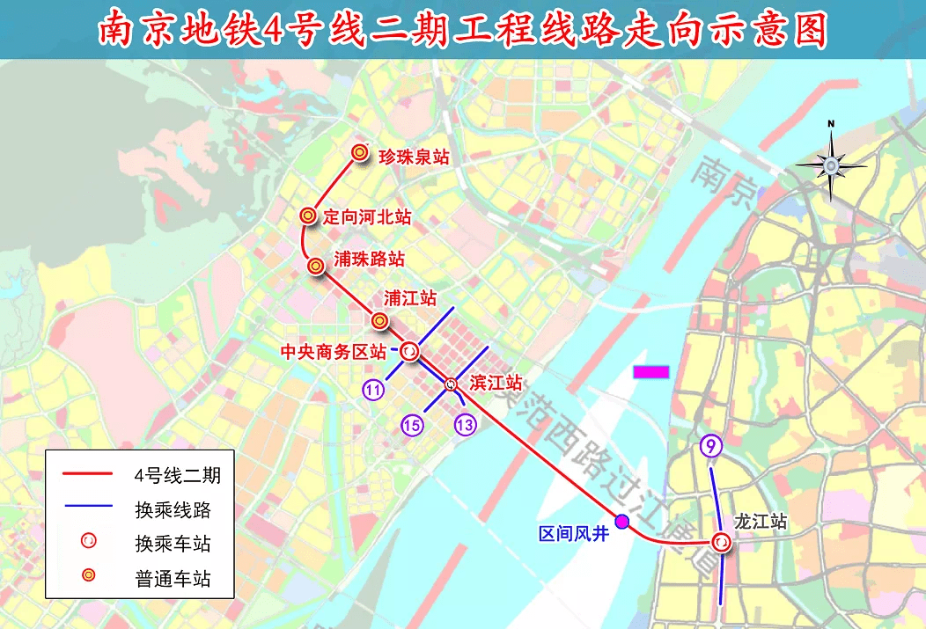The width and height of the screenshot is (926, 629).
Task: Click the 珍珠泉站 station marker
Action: coord(359,153)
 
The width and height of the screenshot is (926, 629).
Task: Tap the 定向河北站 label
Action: coord(367,216)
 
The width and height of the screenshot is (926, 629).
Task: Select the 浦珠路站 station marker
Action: coord(315,264)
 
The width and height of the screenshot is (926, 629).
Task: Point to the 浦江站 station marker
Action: coord(380,321)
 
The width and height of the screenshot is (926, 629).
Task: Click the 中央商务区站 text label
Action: coord(333,352)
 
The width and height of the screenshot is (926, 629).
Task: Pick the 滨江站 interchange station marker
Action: coord(451,384)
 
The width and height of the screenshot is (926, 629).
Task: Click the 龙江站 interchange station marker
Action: coord(722,544)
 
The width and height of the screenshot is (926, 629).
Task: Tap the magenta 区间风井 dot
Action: coord(622,522)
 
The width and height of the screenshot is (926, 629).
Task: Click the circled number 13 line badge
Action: coord(466,426)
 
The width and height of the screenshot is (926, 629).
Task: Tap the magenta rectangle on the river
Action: coord(651,372)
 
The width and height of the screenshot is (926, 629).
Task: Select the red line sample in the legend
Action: coord(88,475)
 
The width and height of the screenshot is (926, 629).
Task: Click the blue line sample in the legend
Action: coord(88,508)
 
